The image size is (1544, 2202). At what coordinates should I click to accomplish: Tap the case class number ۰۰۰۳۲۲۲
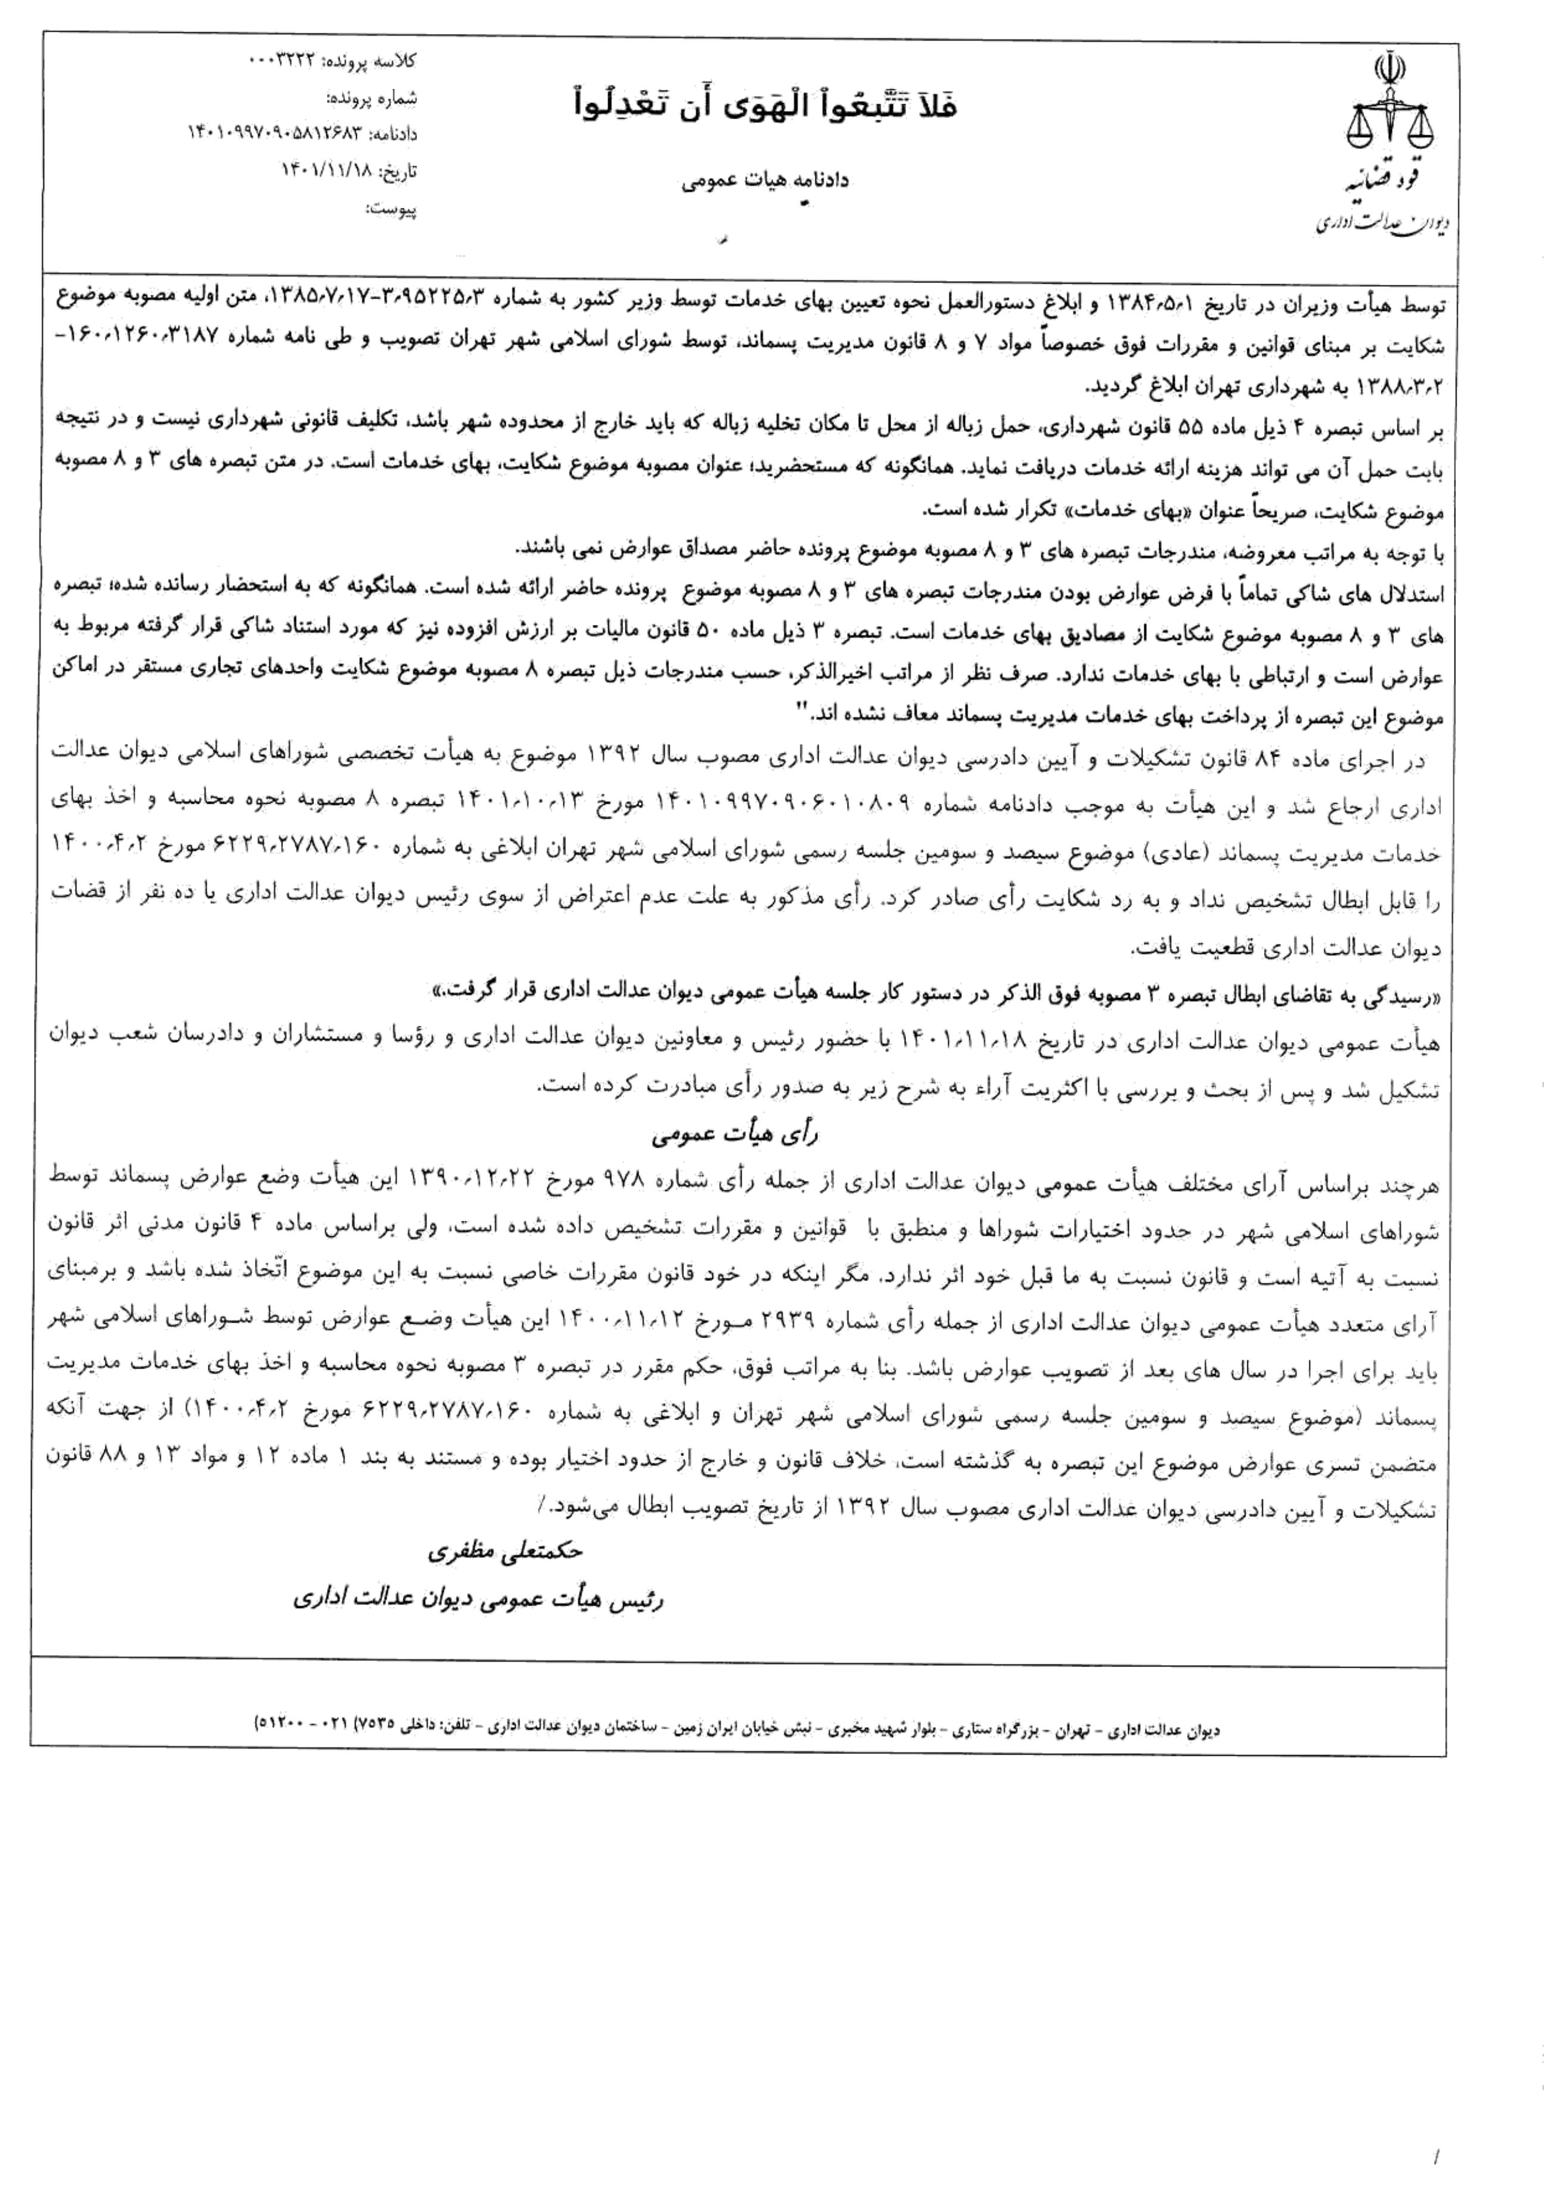coord(279,60)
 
